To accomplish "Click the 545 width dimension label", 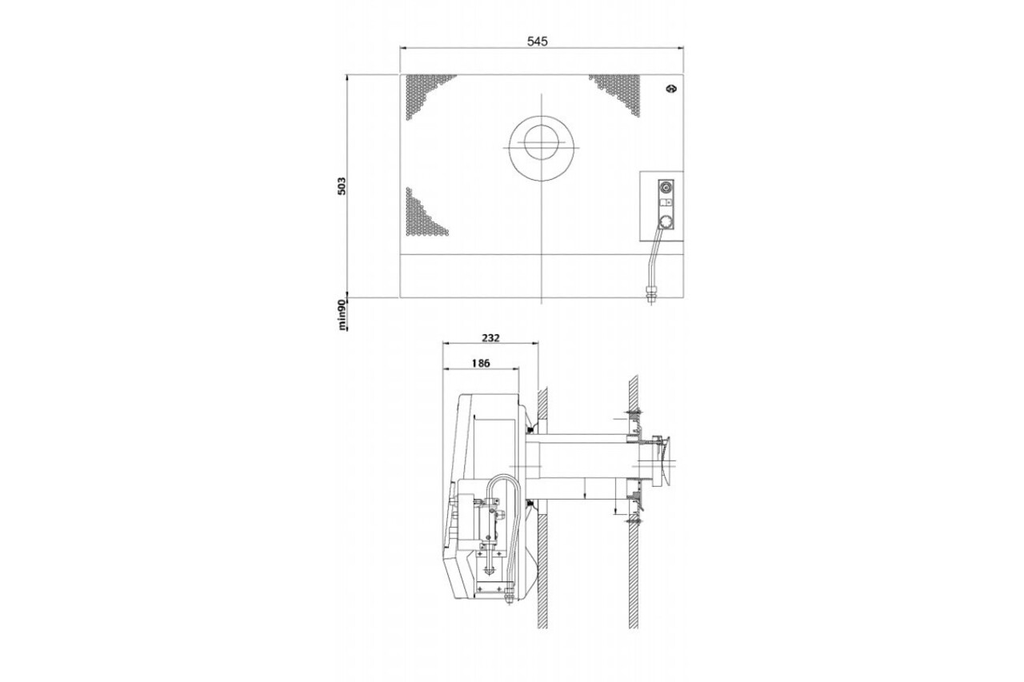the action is (537, 41).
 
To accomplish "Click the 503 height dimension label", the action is (342, 186).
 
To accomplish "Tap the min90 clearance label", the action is (342, 315).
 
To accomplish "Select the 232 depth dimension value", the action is (490, 338).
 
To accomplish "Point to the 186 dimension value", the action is (481, 363).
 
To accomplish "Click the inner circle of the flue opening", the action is (542, 142).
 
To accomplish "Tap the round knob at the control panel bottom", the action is (666, 222).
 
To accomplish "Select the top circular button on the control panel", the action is (666, 187).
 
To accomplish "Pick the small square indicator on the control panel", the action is (664, 202).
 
